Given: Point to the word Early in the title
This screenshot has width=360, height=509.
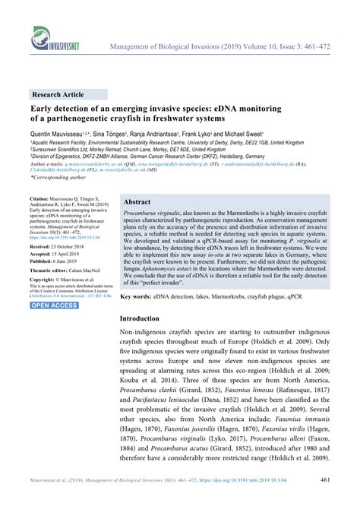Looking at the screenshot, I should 43,109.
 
